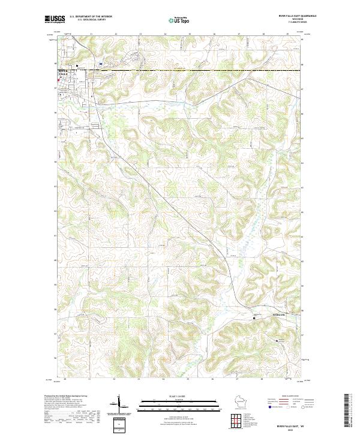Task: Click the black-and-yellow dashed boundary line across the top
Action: coord(180,70)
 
